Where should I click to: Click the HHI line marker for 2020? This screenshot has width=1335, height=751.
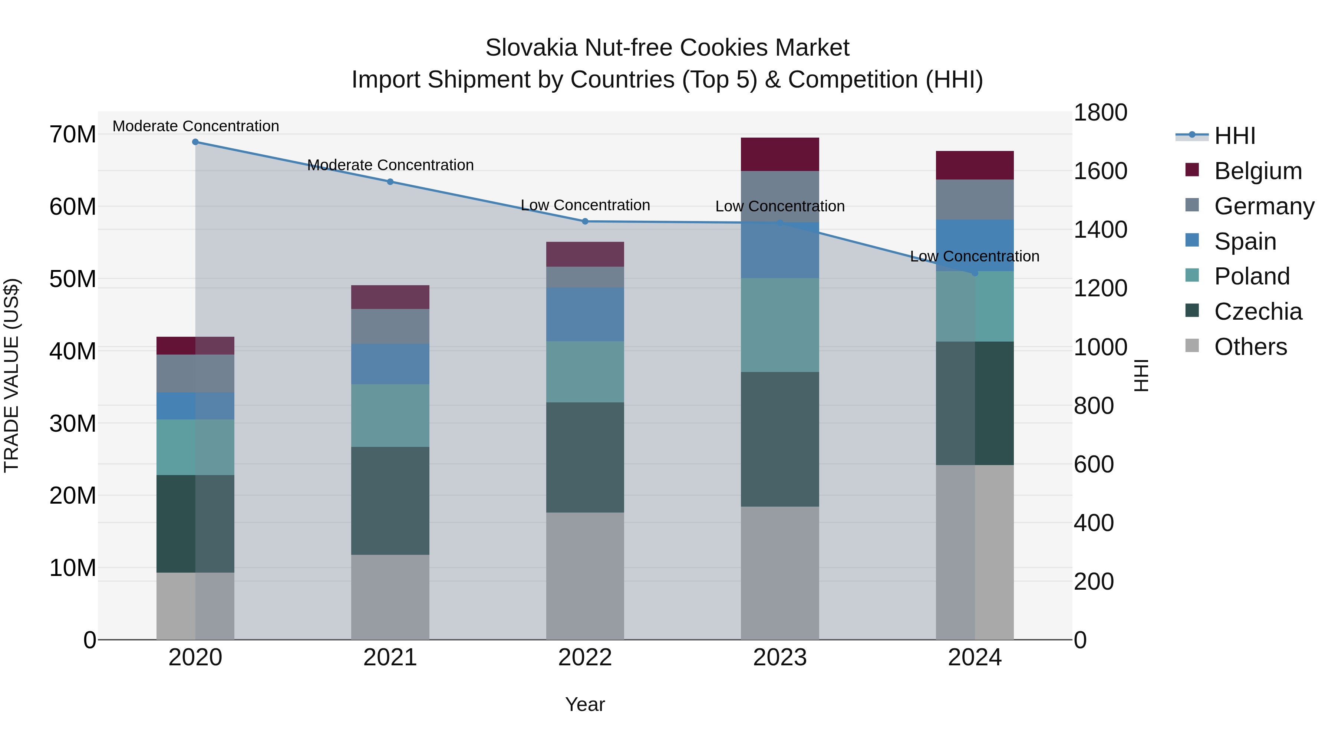pos(195,142)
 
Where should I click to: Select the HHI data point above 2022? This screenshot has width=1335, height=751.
pos(585,221)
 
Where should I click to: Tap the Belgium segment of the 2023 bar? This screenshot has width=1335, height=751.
pos(779,154)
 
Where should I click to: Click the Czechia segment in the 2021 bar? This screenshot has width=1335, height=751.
pos(390,501)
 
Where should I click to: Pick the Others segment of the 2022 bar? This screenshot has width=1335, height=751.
pos(585,576)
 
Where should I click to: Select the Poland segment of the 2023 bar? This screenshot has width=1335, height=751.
pos(779,325)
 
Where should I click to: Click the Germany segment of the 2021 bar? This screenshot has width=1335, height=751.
pos(390,326)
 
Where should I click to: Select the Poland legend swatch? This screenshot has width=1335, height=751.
pos(1192,275)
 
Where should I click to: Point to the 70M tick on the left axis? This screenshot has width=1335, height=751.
pos(73,135)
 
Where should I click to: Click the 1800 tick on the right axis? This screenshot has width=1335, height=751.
pos(1100,112)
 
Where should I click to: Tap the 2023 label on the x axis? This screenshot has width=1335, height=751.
pos(779,658)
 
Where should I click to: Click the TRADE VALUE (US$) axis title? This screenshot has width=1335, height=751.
pos(11,375)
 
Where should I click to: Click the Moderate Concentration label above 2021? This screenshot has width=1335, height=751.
pos(390,165)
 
